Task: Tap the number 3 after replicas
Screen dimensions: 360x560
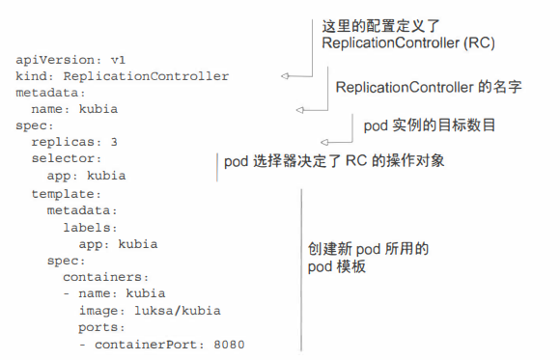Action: point(114,142)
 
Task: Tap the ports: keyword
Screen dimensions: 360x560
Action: point(101,326)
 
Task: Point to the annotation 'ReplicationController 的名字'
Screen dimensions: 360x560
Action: point(429,88)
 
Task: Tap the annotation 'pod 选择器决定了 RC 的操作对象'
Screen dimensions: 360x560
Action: point(334,161)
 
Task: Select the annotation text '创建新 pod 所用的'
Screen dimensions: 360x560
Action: point(361,249)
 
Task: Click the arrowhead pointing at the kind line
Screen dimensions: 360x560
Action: point(284,76)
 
